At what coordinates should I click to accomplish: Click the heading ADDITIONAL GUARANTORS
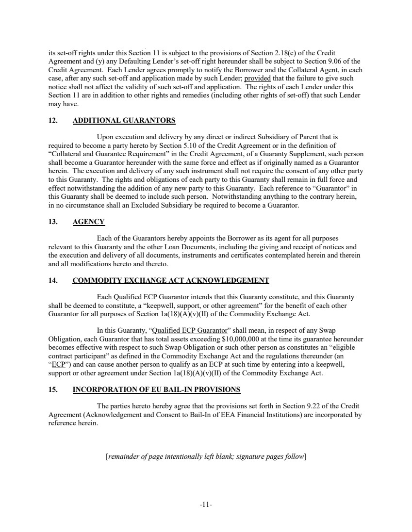pyautogui.click(x=124, y=120)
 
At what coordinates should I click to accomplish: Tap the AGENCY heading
pyautogui.click(x=88, y=222)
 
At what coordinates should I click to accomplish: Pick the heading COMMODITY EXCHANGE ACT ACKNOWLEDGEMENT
pyautogui.click(x=170, y=280)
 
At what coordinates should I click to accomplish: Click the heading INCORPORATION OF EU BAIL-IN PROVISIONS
pyautogui.click(x=156, y=389)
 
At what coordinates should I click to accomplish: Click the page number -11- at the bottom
pyautogui.click(x=206, y=504)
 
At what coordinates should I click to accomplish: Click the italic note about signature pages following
pyautogui.click(x=206, y=456)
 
